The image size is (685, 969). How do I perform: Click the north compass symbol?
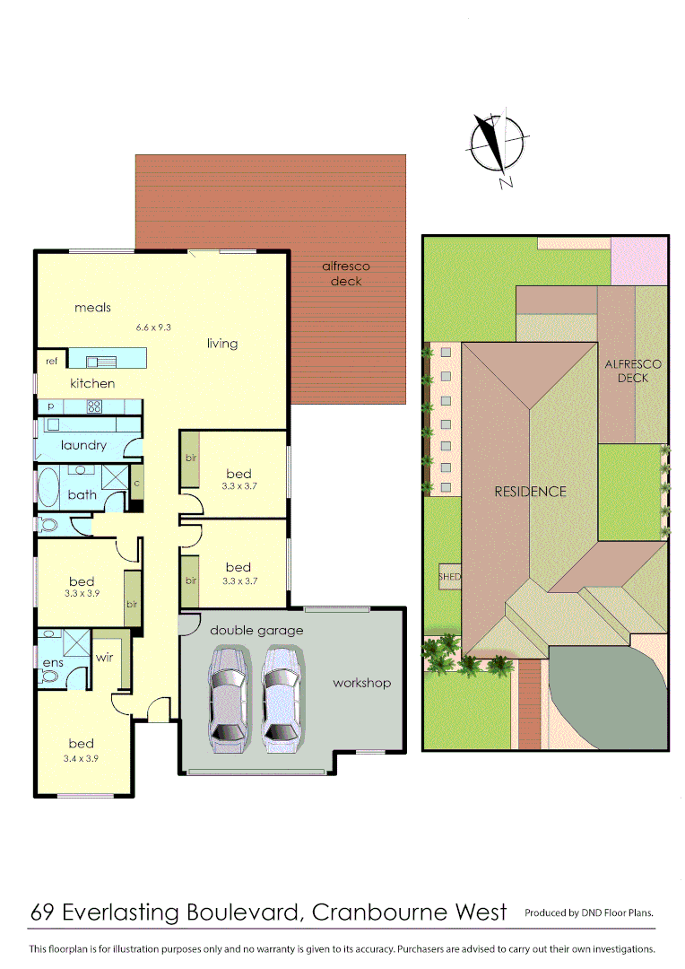click(x=496, y=144)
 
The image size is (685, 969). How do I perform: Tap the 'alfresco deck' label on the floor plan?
click(x=346, y=274)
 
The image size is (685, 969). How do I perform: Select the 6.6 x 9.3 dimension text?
click(x=153, y=327)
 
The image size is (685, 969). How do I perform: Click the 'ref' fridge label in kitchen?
click(x=51, y=362)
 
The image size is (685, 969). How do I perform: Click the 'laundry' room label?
click(x=83, y=445)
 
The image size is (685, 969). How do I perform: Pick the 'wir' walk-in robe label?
click(x=104, y=658)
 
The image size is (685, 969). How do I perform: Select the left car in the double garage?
click(x=228, y=697)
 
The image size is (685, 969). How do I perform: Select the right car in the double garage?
click(x=281, y=697)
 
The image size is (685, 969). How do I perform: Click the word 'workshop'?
click(x=361, y=683)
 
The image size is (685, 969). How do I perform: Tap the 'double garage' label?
click(x=256, y=630)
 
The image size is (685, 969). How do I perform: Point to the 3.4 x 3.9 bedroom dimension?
click(x=82, y=758)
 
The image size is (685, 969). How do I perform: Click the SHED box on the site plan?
click(x=449, y=577)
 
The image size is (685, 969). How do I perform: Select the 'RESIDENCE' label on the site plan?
click(x=530, y=492)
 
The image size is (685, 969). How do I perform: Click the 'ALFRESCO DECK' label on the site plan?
click(x=632, y=371)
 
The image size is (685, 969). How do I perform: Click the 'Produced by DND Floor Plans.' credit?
click(x=589, y=913)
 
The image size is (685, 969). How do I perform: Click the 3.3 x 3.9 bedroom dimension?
click(x=82, y=594)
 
